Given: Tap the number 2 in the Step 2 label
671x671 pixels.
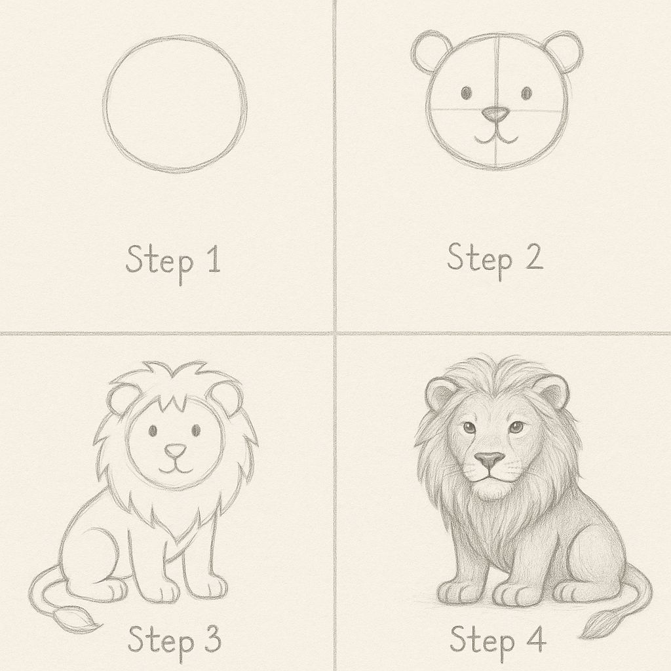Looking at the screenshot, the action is click(533, 256).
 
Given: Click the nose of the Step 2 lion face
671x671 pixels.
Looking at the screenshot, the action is click(495, 113).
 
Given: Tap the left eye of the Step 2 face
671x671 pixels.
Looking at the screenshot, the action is click(466, 92).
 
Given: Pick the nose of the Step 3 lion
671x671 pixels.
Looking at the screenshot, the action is click(176, 450).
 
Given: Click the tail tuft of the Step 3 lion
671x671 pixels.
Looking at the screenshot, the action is click(77, 619).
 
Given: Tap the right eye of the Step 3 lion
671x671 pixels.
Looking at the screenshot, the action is click(197, 430).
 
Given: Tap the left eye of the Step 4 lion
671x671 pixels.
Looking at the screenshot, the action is click(469, 427).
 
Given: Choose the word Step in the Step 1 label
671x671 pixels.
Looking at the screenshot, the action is click(159, 261).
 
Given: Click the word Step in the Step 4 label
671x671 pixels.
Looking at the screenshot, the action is click(482, 641).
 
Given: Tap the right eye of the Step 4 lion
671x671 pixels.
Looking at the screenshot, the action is click(516, 427).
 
